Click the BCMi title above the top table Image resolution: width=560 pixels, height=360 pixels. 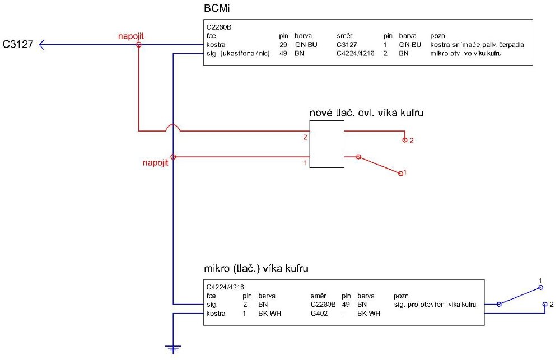point(217,10)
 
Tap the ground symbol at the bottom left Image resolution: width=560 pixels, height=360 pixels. point(174,349)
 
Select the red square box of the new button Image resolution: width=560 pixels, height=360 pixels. point(326,143)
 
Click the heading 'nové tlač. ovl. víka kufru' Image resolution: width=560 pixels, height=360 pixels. point(366,113)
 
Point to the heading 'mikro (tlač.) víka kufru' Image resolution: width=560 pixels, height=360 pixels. point(257,269)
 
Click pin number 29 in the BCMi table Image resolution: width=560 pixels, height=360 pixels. point(283,44)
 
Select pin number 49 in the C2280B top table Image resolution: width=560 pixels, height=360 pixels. point(283,53)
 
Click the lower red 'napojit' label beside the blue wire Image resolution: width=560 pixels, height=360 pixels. point(156,163)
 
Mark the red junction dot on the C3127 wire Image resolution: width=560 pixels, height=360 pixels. point(139,44)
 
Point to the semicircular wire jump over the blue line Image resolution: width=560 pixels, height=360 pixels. point(174,128)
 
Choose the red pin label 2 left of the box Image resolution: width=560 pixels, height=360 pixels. point(305,137)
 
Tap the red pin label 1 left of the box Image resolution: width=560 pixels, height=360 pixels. point(305,163)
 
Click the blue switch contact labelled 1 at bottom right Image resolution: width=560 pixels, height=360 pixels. point(540,288)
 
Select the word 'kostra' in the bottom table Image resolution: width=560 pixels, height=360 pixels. point(216,314)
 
